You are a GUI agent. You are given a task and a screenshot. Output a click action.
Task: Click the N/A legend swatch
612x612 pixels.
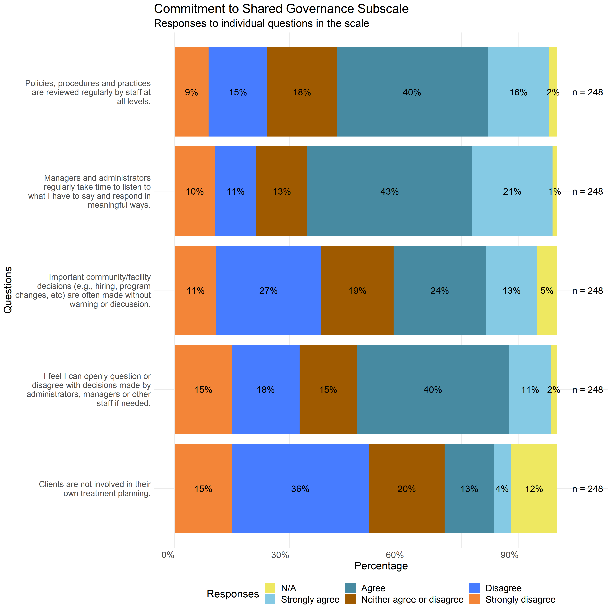270,588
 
